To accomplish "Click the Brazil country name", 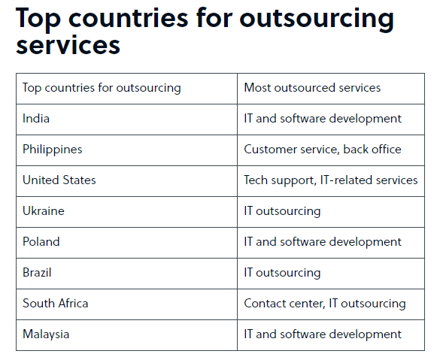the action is (x=37, y=273).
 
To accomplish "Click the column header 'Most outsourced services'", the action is (x=312, y=88).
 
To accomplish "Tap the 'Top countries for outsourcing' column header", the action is (x=102, y=88).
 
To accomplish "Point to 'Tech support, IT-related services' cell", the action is (x=330, y=180).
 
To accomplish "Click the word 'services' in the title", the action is (x=68, y=45).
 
